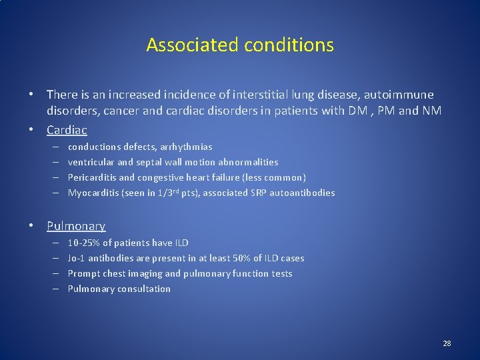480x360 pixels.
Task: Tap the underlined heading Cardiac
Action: [x=67, y=130]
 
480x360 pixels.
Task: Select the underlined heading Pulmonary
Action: [x=76, y=226]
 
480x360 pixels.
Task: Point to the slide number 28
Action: [x=447, y=343]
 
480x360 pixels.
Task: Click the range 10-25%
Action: [x=82, y=243]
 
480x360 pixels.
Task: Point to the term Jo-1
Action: [x=76, y=258]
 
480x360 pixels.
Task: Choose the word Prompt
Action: [x=83, y=273]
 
